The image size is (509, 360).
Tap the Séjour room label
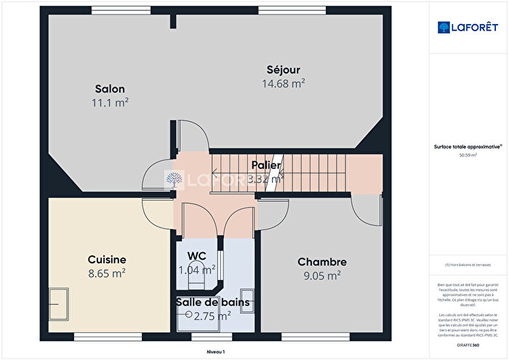[282, 70]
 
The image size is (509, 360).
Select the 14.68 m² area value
[282, 84]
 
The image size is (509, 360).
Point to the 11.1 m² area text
[111, 103]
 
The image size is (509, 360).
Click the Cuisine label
[107, 260]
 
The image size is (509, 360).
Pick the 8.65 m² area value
[107, 273]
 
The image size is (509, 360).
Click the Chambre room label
[322, 262]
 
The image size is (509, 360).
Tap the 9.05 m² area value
[322, 276]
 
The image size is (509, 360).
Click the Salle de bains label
[212, 302]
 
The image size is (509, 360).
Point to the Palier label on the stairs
[266, 165]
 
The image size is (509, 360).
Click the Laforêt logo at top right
[468, 28]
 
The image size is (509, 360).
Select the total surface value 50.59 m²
[468, 155]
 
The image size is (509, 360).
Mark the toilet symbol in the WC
[209, 270]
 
